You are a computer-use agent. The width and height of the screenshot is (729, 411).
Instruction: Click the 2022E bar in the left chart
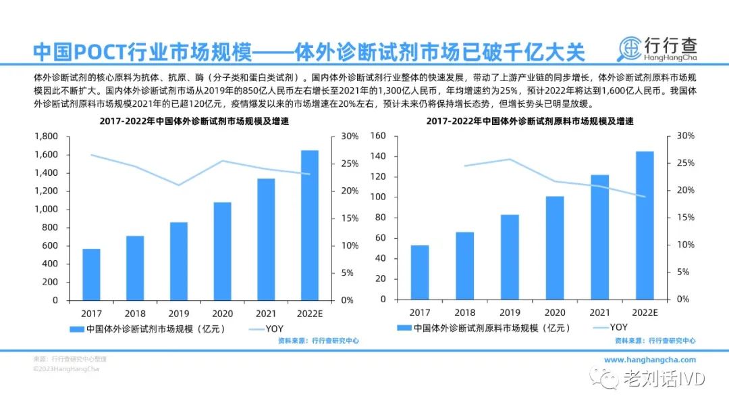309,225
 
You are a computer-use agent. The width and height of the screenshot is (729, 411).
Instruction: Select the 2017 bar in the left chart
92,274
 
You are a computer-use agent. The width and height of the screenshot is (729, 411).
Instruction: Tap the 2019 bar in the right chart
510,257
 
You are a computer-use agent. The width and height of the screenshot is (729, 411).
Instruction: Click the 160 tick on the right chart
377,136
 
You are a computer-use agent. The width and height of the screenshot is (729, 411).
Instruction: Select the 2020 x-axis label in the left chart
222,313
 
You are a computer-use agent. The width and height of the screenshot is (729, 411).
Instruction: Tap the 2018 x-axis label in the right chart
464,312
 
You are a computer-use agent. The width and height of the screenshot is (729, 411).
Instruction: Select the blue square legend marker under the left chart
76,329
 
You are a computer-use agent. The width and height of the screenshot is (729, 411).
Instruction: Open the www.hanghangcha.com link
649,360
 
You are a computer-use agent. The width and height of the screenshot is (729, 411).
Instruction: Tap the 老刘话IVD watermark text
664,379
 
